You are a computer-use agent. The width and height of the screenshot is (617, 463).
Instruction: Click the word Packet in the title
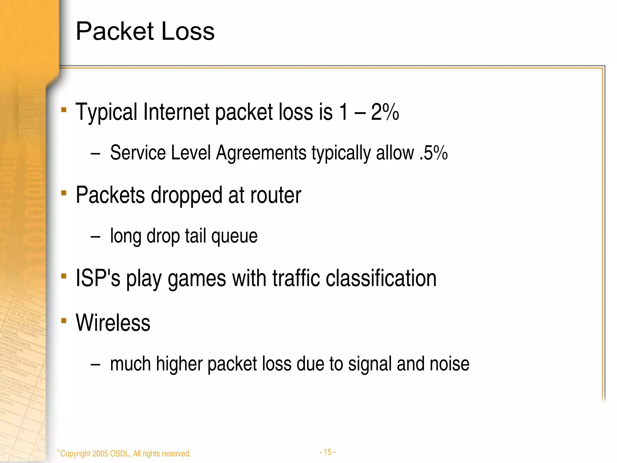pos(115,31)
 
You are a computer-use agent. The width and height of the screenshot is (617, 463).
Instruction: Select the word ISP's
pos(98,278)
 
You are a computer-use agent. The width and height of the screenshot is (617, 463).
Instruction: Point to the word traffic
pos(296,278)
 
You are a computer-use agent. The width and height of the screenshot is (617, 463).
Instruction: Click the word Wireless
pos(113,323)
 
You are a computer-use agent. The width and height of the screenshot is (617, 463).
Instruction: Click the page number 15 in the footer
pos(327,452)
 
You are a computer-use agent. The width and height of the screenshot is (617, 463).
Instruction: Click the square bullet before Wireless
pos(64,321)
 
